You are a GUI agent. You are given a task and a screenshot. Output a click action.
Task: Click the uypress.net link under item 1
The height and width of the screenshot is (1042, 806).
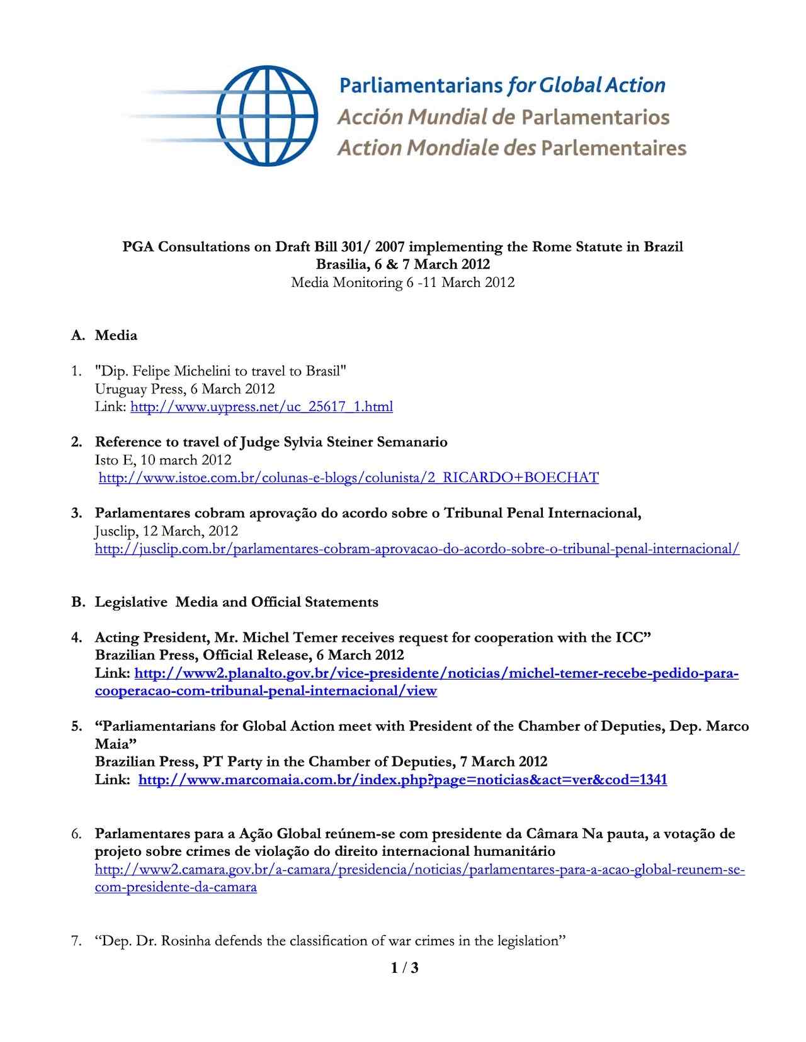coord(261,406)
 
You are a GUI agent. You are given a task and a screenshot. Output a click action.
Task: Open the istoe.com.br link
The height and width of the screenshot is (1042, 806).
coord(348,478)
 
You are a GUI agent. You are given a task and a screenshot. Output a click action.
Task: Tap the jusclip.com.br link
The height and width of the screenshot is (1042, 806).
coord(417,549)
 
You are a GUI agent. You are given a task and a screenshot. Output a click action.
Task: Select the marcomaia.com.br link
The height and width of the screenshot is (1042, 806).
coord(402,780)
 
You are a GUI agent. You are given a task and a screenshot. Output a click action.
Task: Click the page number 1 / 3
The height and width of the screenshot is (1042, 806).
coord(404,968)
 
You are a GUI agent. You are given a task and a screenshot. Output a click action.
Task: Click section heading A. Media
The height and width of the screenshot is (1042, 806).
coord(105,335)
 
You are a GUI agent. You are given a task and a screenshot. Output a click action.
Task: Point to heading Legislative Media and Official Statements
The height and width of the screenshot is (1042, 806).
coord(237,602)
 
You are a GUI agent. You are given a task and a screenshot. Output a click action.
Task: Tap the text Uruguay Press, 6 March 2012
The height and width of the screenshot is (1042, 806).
coord(184,389)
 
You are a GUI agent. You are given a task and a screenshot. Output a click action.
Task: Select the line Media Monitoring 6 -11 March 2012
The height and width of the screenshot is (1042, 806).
coord(402,283)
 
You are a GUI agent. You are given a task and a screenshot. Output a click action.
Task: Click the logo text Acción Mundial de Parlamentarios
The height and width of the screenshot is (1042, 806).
coord(503,117)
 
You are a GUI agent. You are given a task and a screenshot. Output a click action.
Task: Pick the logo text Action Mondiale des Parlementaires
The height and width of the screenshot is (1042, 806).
coord(511,148)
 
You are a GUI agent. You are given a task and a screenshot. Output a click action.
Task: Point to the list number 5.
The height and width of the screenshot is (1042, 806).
coord(76,726)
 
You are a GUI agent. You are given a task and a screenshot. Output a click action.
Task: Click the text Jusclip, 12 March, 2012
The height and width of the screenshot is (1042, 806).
coord(166,531)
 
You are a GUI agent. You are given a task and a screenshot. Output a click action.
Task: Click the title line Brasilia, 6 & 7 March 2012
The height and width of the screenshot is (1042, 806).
coord(402,264)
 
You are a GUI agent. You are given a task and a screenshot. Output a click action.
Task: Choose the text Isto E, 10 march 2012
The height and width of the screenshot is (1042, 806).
coord(163,460)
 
